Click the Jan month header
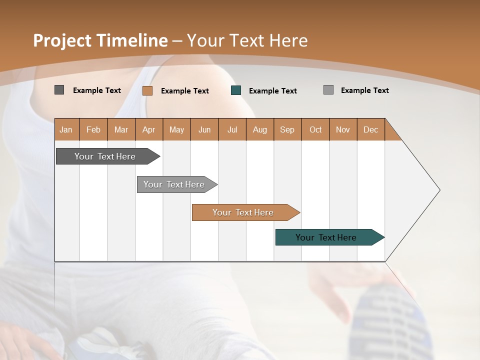[x=66, y=129]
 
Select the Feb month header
[x=93, y=129]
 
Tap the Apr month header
[x=149, y=129]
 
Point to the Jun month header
[x=204, y=129]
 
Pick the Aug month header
[x=260, y=129]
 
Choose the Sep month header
[x=287, y=129]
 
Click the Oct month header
[x=315, y=129]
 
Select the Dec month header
[x=371, y=129]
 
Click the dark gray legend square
[x=59, y=90]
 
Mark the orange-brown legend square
[x=147, y=90]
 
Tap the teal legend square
[x=236, y=90]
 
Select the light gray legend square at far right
[x=328, y=90]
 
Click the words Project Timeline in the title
[x=100, y=40]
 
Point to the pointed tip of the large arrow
[x=438, y=190]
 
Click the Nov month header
[x=343, y=129]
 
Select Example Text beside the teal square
[x=273, y=91]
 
